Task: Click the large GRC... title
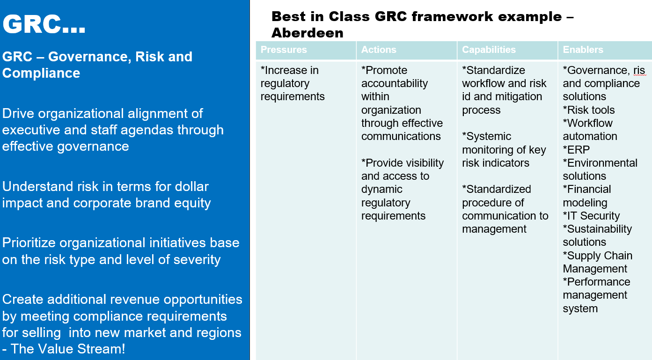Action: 44,24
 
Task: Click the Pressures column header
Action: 284,50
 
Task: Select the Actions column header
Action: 379,50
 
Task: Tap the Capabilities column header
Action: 489,50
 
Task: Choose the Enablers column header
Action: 583,50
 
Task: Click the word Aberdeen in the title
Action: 308,33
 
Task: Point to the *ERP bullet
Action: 576,150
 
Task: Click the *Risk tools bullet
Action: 588,110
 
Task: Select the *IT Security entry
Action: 591,216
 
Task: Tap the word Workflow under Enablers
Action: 590,123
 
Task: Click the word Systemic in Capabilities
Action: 489,137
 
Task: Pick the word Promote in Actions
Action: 386,70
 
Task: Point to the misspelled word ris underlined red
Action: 639,70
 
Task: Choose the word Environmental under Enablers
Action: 602,163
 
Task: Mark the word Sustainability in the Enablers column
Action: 600,229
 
